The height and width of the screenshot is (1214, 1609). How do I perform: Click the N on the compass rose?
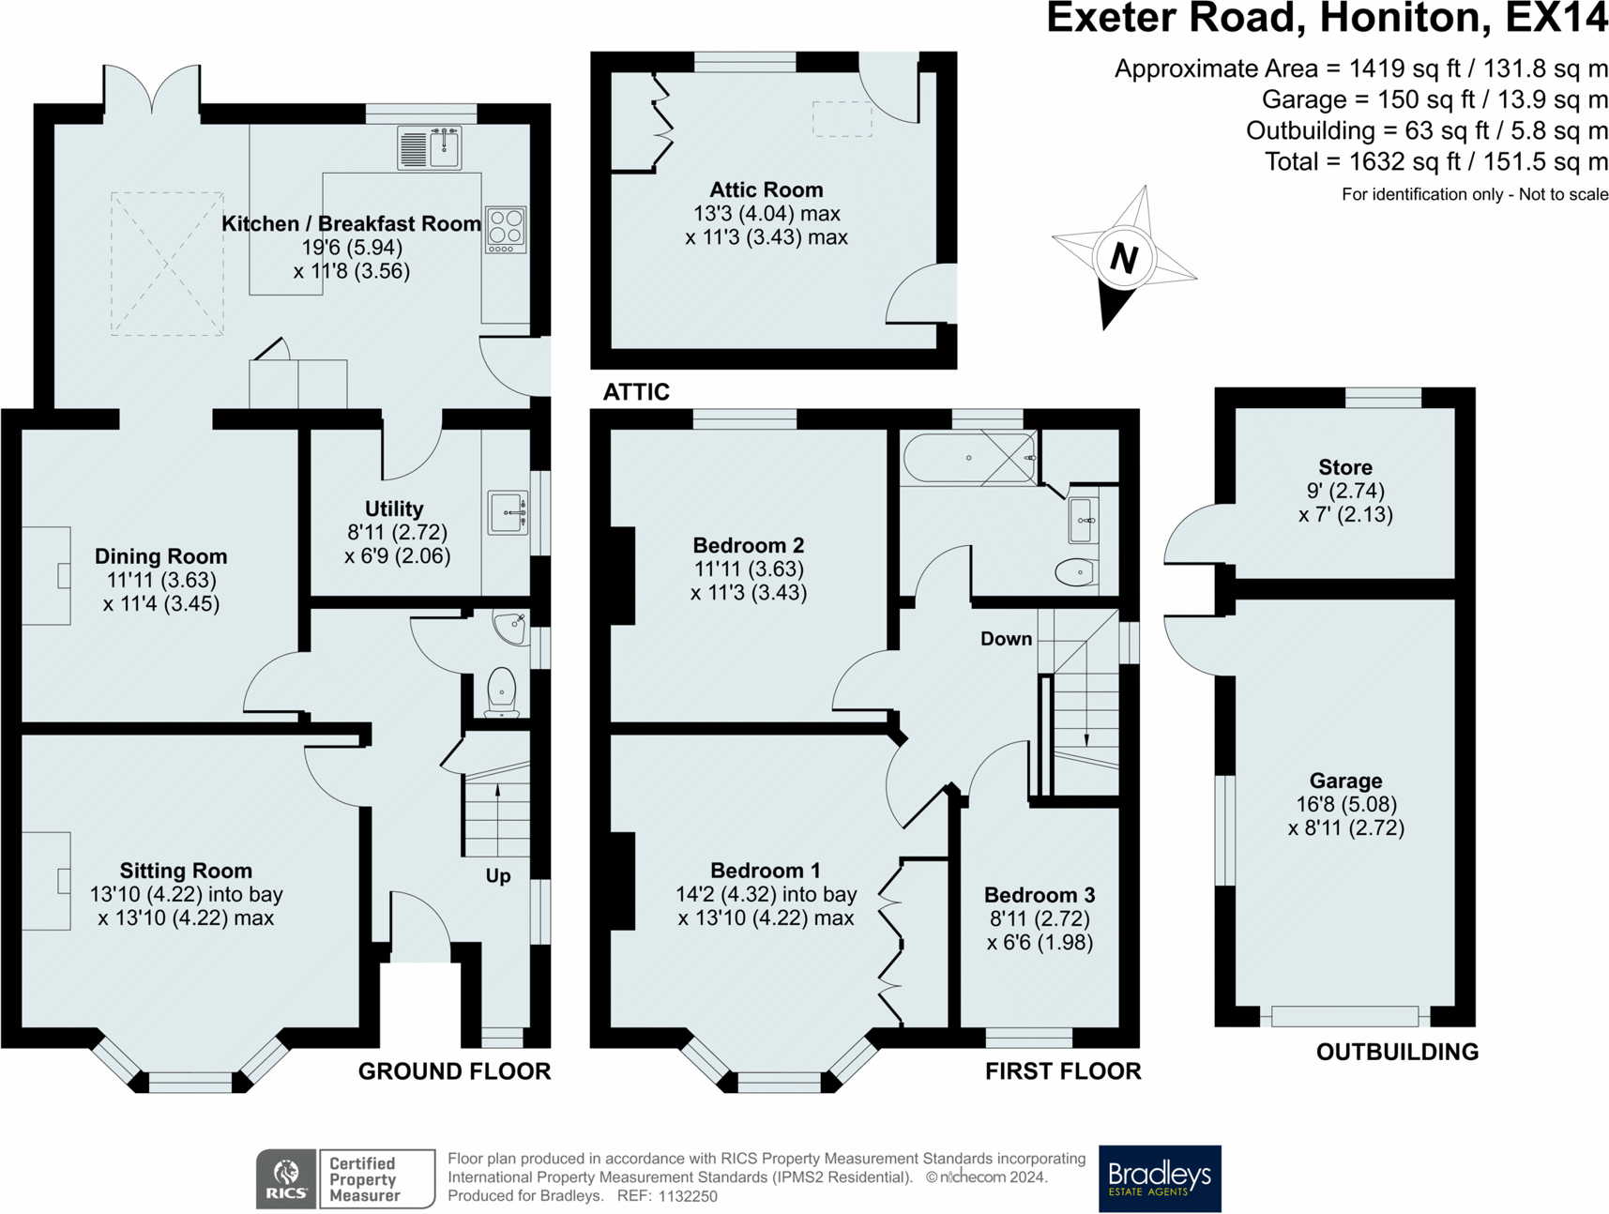click(1123, 257)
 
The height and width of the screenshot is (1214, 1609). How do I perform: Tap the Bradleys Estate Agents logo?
click(1160, 1178)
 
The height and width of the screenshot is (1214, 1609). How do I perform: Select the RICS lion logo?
click(286, 1177)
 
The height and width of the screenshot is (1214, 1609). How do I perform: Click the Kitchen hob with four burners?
click(506, 229)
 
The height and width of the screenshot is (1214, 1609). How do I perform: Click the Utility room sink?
click(508, 512)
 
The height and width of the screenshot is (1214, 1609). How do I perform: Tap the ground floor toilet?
click(502, 692)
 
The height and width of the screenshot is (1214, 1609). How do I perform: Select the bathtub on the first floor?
click(969, 458)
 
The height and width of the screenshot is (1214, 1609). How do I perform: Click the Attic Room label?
click(766, 190)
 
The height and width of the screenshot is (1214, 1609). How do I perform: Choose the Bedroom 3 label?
click(1040, 895)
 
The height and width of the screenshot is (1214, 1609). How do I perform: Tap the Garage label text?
click(1345, 781)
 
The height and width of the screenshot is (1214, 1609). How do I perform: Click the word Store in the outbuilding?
click(1345, 467)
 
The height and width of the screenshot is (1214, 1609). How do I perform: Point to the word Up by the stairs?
click(498, 876)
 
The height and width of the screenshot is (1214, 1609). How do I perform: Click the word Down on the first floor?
click(1006, 639)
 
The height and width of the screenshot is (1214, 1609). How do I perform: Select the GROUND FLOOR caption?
click(454, 1071)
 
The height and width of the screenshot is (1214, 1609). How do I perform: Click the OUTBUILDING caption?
click(1397, 1052)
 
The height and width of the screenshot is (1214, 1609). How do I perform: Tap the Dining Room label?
click(161, 556)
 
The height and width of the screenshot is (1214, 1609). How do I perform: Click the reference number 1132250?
click(688, 1196)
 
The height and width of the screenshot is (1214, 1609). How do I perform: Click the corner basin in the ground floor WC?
click(512, 627)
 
